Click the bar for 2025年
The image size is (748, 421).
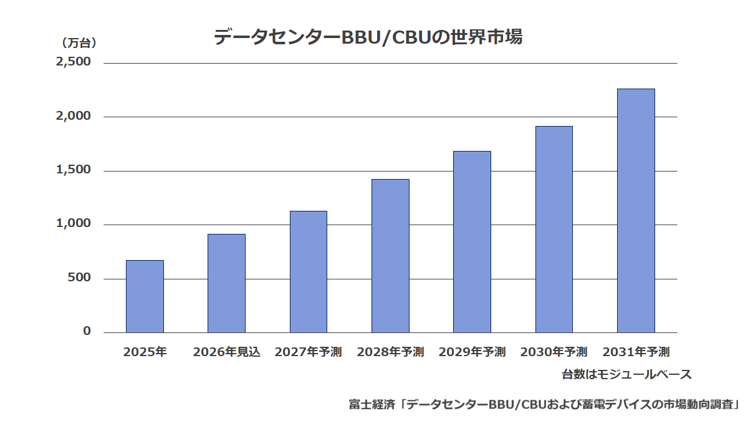click(145, 296)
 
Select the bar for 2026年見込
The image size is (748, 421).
click(226, 283)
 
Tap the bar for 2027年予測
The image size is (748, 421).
click(309, 272)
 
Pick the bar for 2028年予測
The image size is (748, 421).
click(390, 256)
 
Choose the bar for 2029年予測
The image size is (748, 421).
click(472, 242)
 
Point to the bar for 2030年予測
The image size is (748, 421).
click(554, 230)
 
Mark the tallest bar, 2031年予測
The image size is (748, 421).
click(636, 211)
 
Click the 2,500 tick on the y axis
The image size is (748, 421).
click(73, 62)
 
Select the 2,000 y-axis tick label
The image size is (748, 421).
click(73, 116)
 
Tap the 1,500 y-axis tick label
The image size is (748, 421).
click(73, 170)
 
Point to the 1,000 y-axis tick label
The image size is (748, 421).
click(73, 223)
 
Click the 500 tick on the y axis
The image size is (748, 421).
click(79, 278)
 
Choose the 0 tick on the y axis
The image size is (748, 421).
click(87, 331)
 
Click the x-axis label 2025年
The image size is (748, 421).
click(145, 352)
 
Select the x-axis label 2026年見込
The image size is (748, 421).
click(226, 352)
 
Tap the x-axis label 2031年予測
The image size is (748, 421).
click(636, 352)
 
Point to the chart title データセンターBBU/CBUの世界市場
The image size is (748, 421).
click(368, 37)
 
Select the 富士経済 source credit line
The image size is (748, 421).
click(544, 405)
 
